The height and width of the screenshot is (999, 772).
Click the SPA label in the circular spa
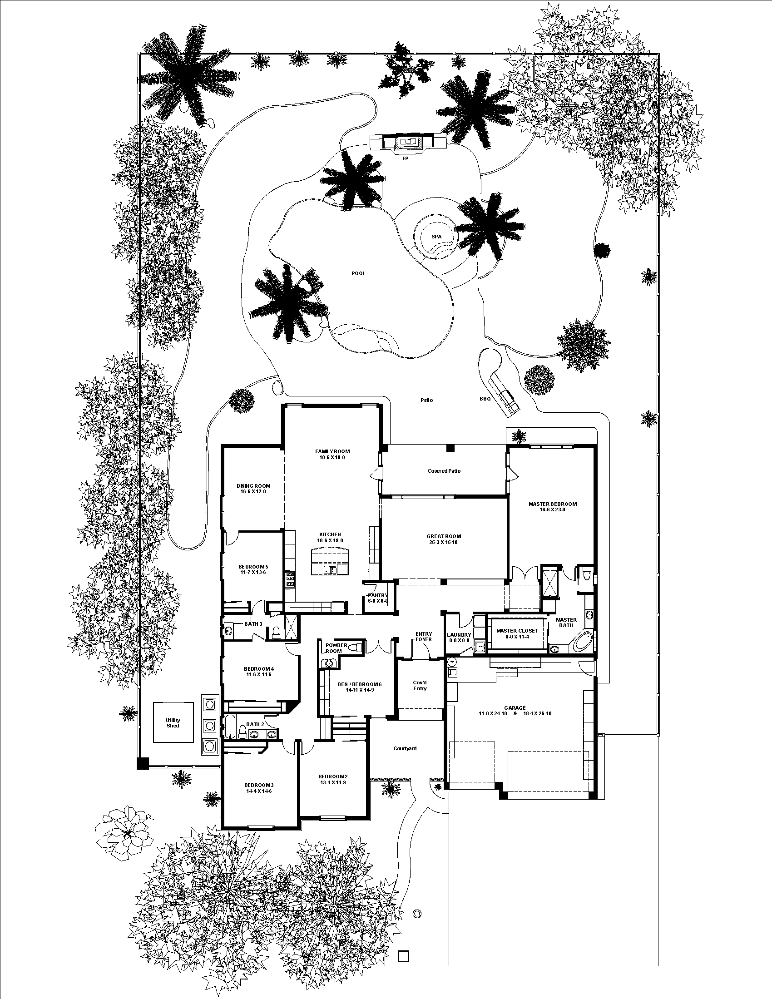tap(436, 237)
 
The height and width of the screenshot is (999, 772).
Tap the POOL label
tap(358, 273)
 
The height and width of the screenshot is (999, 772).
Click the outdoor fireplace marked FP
tap(406, 142)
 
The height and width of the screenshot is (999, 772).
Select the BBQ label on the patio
tap(485, 399)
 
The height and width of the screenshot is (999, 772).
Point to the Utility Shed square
tap(173, 723)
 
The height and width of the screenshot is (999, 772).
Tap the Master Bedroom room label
tap(553, 504)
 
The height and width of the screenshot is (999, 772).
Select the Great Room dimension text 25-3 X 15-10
tap(444, 543)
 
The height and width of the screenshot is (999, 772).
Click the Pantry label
tap(378, 596)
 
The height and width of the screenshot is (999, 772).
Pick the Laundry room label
tap(459, 635)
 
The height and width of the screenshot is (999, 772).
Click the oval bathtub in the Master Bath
tap(582, 642)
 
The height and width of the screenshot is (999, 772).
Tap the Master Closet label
tap(517, 631)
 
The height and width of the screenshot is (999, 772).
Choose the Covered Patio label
tap(444, 471)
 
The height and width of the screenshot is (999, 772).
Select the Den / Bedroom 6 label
tap(359, 684)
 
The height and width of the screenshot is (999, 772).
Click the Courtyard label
tap(405, 749)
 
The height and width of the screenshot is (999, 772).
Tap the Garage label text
tap(515, 708)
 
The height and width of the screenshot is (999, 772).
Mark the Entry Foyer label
tap(424, 637)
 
